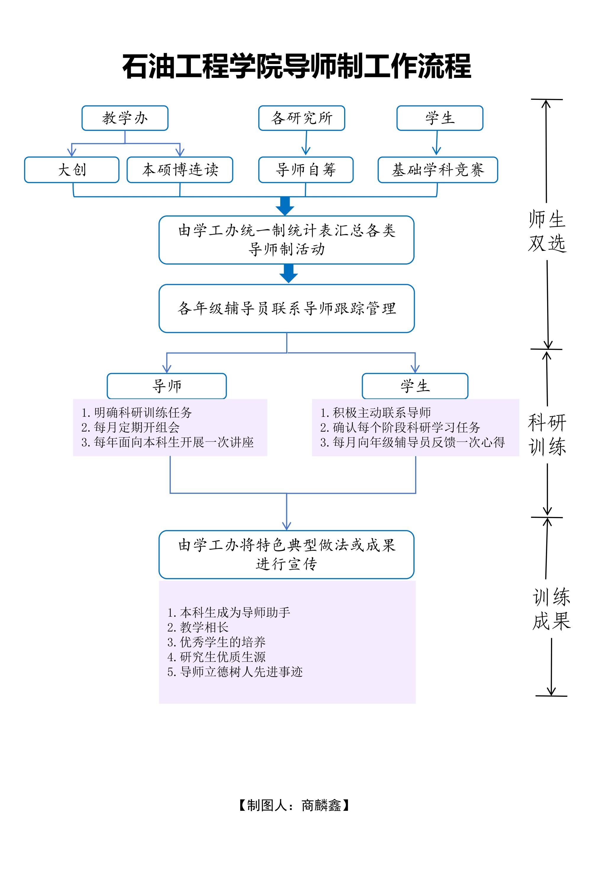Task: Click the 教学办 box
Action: [x=125, y=118]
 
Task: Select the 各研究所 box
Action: [x=302, y=118]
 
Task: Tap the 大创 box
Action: [x=72, y=170]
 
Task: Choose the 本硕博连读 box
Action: [x=180, y=170]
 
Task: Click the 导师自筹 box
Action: [x=306, y=170]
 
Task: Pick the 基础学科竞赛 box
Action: [x=438, y=170]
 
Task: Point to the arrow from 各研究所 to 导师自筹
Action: [x=306, y=144]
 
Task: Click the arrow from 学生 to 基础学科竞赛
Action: [x=437, y=144]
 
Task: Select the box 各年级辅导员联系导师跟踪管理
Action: [x=287, y=309]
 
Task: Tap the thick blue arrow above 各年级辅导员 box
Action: [x=289, y=273]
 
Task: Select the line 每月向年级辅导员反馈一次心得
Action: [x=412, y=442]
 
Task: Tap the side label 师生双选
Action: [x=547, y=231]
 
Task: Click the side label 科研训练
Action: [x=547, y=434]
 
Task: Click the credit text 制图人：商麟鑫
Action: [x=294, y=805]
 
